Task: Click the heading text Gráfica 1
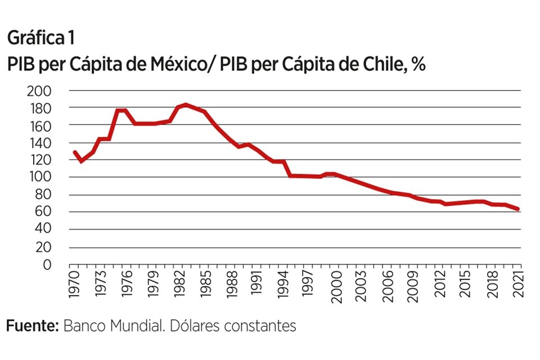tap(40, 39)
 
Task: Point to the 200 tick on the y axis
tap(39, 90)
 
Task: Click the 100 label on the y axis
tap(39, 177)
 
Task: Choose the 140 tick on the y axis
tap(39, 142)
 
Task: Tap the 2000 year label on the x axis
tap(336, 287)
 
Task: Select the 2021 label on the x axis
tap(518, 287)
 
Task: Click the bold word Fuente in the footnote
tap(32, 326)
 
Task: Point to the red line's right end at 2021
tap(517, 209)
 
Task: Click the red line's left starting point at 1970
tap(74, 152)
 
